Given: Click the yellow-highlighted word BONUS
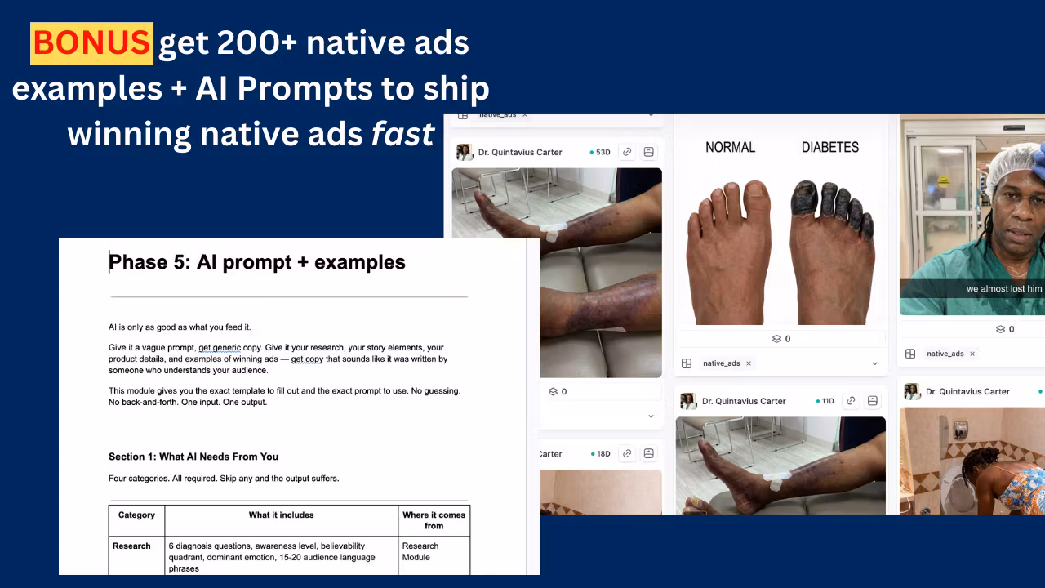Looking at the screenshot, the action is (91, 43).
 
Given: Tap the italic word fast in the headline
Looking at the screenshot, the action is (402, 135).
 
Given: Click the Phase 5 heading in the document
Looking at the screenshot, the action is (257, 262).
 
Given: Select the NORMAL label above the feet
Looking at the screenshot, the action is (730, 148).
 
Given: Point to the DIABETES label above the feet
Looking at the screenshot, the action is (830, 148).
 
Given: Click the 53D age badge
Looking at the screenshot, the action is (600, 152).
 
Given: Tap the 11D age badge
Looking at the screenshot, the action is (825, 401).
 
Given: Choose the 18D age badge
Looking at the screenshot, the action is (600, 453).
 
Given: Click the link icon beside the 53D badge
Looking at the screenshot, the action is (627, 152).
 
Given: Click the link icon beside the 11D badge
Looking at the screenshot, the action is (851, 400).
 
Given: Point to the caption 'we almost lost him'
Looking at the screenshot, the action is (1004, 289).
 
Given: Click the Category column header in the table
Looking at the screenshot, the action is (136, 514).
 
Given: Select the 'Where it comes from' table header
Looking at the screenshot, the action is (434, 520).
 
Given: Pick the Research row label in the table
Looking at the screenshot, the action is (131, 546).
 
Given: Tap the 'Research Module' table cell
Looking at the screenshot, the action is (420, 551).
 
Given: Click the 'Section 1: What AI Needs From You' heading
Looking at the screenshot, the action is (193, 457).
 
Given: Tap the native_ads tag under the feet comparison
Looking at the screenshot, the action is (721, 363).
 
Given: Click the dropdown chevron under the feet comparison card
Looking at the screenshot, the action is (874, 363).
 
